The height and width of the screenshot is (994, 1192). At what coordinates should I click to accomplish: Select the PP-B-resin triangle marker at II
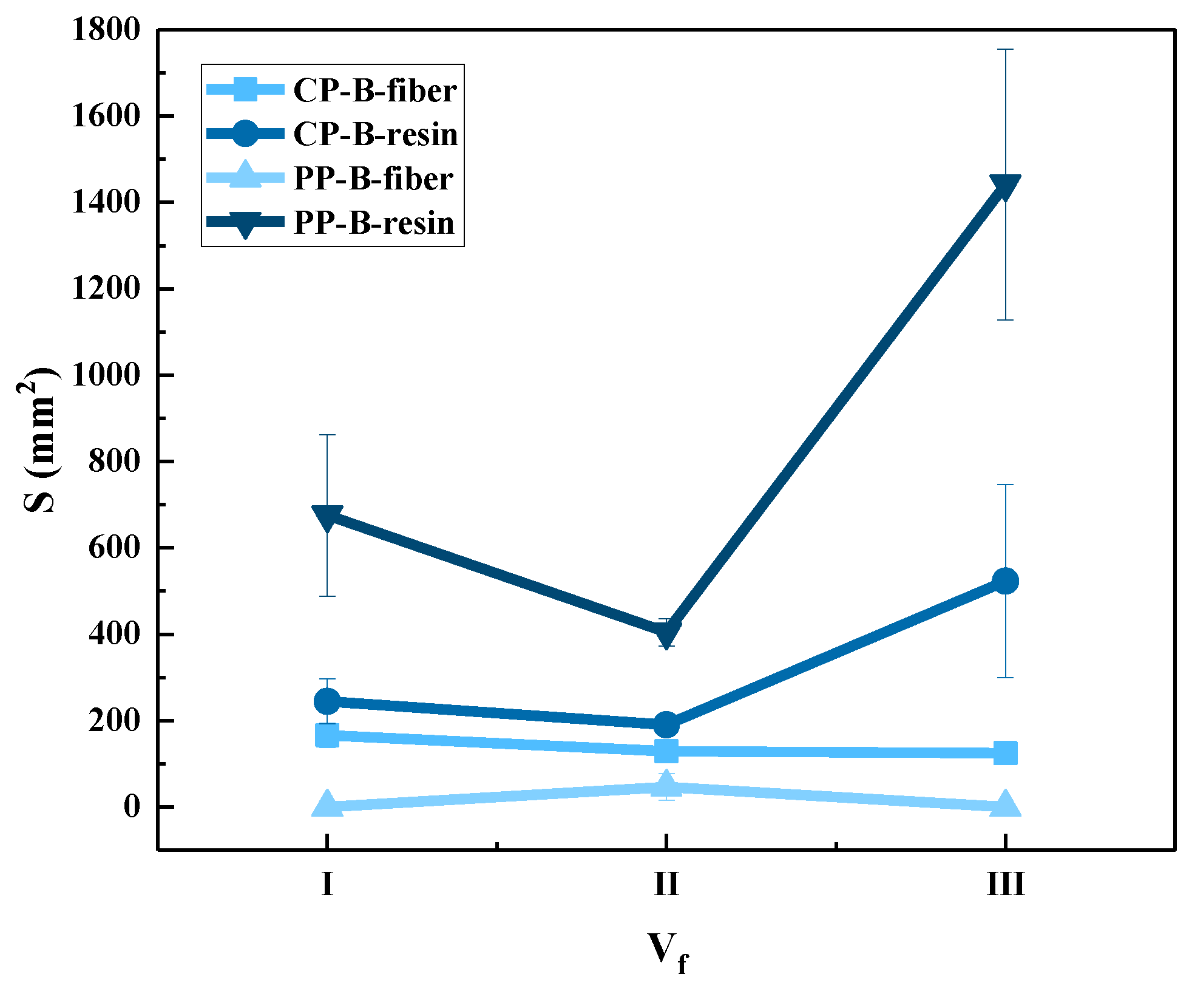(x=666, y=633)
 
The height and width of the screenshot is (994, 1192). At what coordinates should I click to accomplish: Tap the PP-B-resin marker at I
(x=327, y=517)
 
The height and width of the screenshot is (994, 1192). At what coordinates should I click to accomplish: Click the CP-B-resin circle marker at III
(x=1005, y=581)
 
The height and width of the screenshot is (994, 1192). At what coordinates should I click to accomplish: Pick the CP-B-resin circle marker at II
(x=666, y=724)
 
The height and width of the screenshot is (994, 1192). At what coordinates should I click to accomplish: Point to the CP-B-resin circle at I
(x=327, y=701)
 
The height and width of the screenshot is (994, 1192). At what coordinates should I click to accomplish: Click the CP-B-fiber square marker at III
(x=1005, y=753)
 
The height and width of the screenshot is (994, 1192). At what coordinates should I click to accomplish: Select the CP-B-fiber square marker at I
(x=327, y=735)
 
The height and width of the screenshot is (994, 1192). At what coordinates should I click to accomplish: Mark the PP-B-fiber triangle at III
(x=1005, y=805)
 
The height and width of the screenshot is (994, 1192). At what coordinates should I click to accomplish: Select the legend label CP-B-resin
(x=375, y=134)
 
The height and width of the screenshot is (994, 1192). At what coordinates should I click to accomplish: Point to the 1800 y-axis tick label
(x=106, y=30)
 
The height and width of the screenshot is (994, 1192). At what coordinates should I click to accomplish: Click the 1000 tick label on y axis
(x=106, y=375)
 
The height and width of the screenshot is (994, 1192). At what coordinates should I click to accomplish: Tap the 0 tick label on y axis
(x=132, y=806)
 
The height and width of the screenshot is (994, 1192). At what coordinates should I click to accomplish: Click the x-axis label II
(x=666, y=883)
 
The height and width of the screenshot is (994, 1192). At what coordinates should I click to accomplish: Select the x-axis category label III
(x=1005, y=883)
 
